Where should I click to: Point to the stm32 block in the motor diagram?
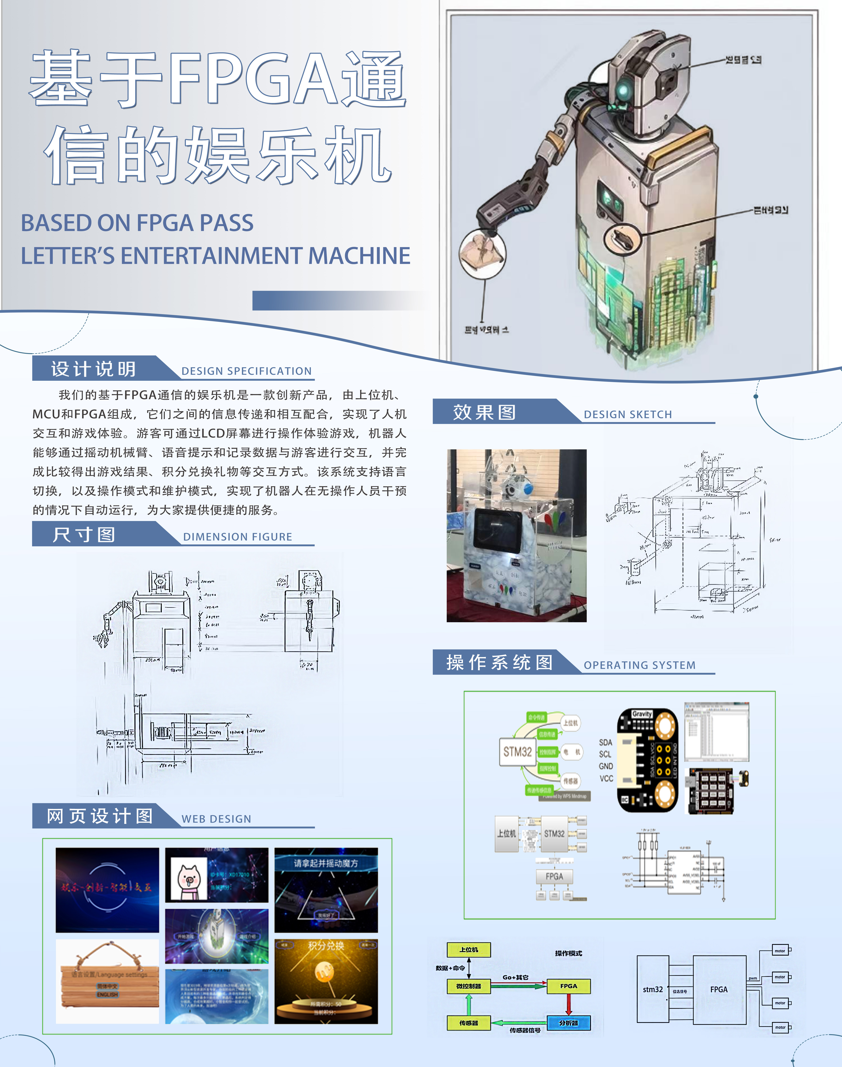tap(653, 989)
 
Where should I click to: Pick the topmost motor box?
tap(780, 951)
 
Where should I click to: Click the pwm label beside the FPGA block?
tap(753, 978)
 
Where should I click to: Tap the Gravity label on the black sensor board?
tap(642, 714)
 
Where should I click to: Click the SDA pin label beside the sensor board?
tap(605, 742)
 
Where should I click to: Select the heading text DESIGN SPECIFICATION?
tap(246, 371)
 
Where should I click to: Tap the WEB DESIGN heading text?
tap(216, 819)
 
